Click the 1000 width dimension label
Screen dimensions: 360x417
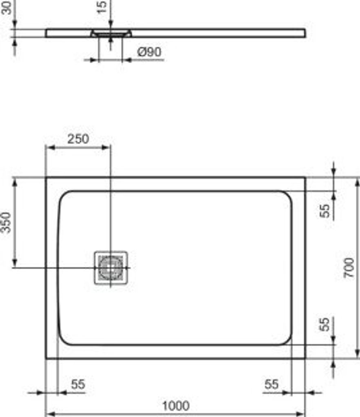pos(176,406)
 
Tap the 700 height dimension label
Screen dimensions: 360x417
pos(349,268)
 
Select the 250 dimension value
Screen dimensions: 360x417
pos(78,139)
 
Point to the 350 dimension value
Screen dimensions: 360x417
pos(6,222)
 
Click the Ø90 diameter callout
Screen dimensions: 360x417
pos(149,52)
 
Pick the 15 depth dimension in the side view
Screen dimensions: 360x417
pos(102,7)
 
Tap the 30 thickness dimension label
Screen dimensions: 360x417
pos(7,7)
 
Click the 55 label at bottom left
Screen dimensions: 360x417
pos(78,384)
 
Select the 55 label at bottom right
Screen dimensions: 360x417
pos(272,384)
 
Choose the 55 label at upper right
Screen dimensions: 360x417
pos(324,211)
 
